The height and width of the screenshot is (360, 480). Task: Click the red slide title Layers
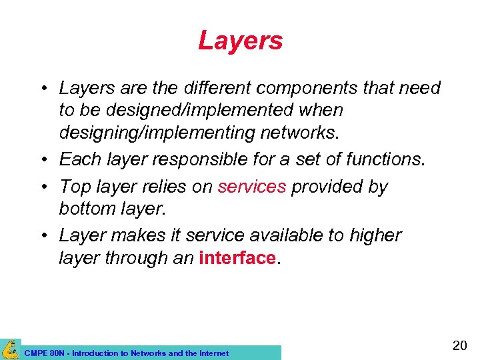pyautogui.click(x=240, y=41)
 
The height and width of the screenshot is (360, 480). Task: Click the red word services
pyautogui.click(x=251, y=187)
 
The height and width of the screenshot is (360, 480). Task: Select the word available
pyautogui.click(x=281, y=235)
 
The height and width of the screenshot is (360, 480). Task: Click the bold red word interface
pyautogui.click(x=237, y=258)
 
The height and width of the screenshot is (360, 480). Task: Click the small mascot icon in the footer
pyautogui.click(x=10, y=349)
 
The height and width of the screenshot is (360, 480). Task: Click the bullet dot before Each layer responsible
pyautogui.click(x=41, y=159)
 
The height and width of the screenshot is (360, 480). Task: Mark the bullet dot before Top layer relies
pyautogui.click(x=41, y=187)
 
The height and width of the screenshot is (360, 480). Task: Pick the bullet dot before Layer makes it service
pyautogui.click(x=41, y=236)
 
